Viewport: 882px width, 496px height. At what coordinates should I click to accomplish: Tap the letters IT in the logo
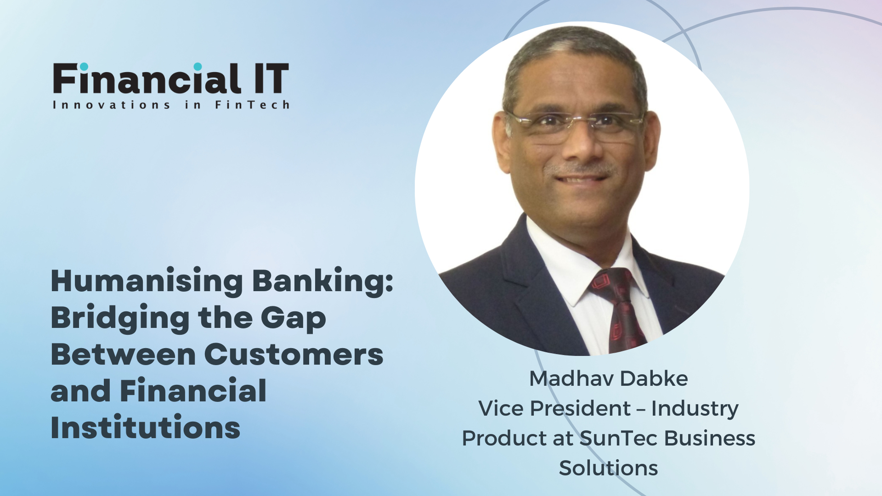(x=272, y=79)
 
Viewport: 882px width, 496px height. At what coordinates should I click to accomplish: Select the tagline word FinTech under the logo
(x=252, y=105)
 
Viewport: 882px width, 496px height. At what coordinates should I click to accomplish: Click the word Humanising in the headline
(x=147, y=281)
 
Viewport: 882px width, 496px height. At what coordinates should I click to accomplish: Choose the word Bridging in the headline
(x=120, y=318)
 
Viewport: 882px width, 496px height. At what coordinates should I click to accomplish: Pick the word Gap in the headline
(x=294, y=318)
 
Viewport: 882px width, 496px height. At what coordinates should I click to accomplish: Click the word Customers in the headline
(x=294, y=355)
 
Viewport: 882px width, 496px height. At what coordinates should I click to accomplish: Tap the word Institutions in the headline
(x=146, y=428)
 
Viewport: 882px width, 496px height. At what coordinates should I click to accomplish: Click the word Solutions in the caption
(x=609, y=468)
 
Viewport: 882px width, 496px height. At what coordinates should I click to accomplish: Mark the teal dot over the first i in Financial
(x=84, y=67)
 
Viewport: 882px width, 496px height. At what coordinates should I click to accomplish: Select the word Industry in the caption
(x=695, y=409)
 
